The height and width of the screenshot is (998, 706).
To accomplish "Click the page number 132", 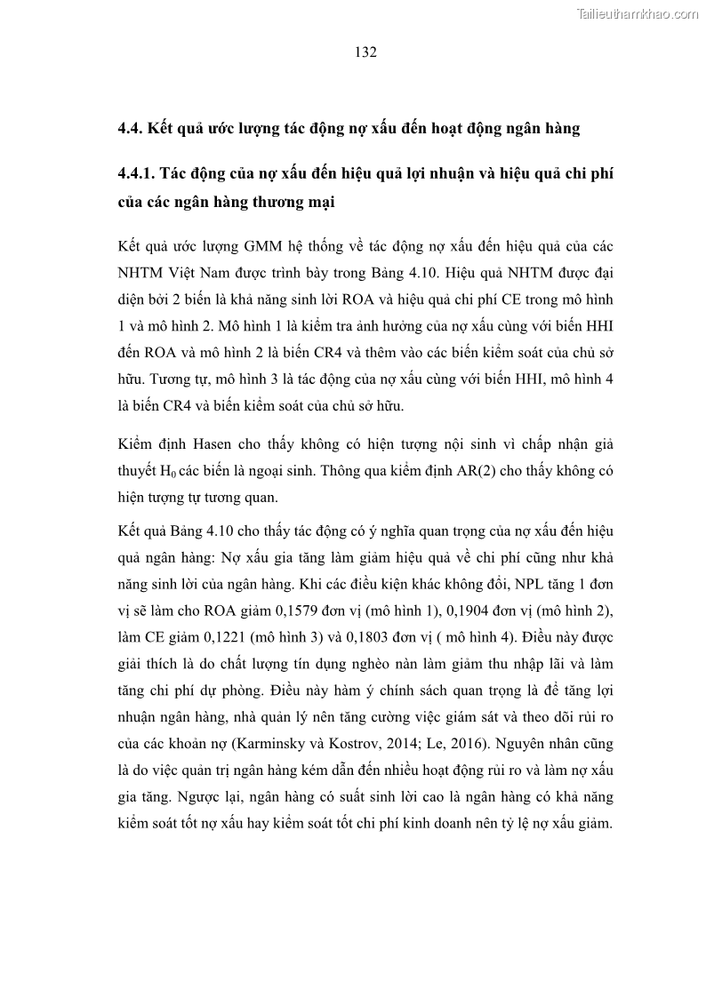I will (365, 52).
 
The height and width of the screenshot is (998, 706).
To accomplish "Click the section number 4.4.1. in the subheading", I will (139, 174).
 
